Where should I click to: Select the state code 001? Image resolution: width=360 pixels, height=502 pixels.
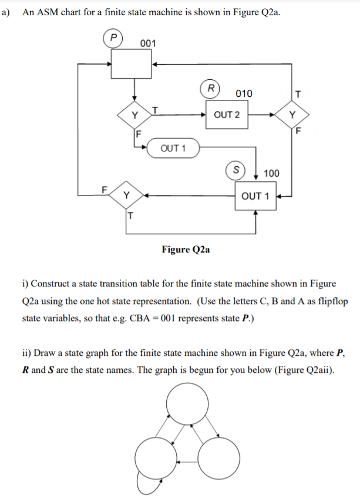pyautogui.click(x=148, y=43)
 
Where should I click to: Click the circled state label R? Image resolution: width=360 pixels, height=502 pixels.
pyautogui.click(x=210, y=88)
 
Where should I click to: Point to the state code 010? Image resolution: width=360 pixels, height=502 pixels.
pyautogui.click(x=244, y=94)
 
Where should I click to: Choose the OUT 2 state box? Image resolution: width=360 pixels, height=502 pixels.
pyautogui.click(x=227, y=114)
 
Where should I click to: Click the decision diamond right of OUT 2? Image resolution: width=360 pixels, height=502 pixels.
pyautogui.click(x=292, y=114)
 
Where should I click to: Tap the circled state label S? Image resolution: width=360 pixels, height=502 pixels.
pyautogui.click(x=236, y=167)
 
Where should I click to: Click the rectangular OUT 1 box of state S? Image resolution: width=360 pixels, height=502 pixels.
pyautogui.click(x=255, y=196)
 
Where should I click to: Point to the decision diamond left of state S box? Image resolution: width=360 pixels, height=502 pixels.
pyautogui.click(x=127, y=195)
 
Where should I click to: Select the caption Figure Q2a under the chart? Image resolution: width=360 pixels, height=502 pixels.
pyautogui.click(x=186, y=250)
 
